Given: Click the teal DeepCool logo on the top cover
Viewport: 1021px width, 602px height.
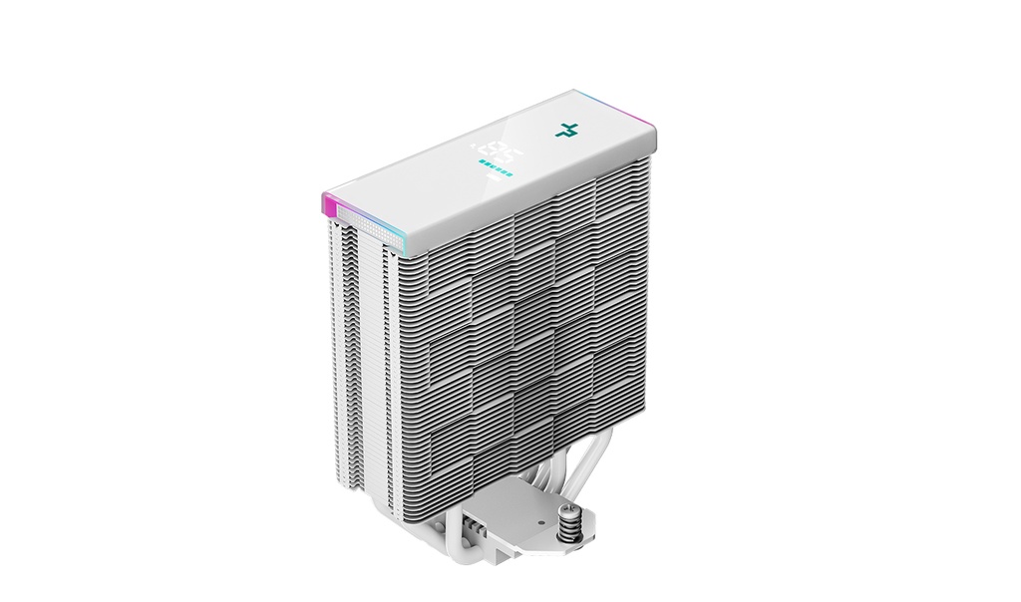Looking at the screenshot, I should [x=569, y=131].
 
